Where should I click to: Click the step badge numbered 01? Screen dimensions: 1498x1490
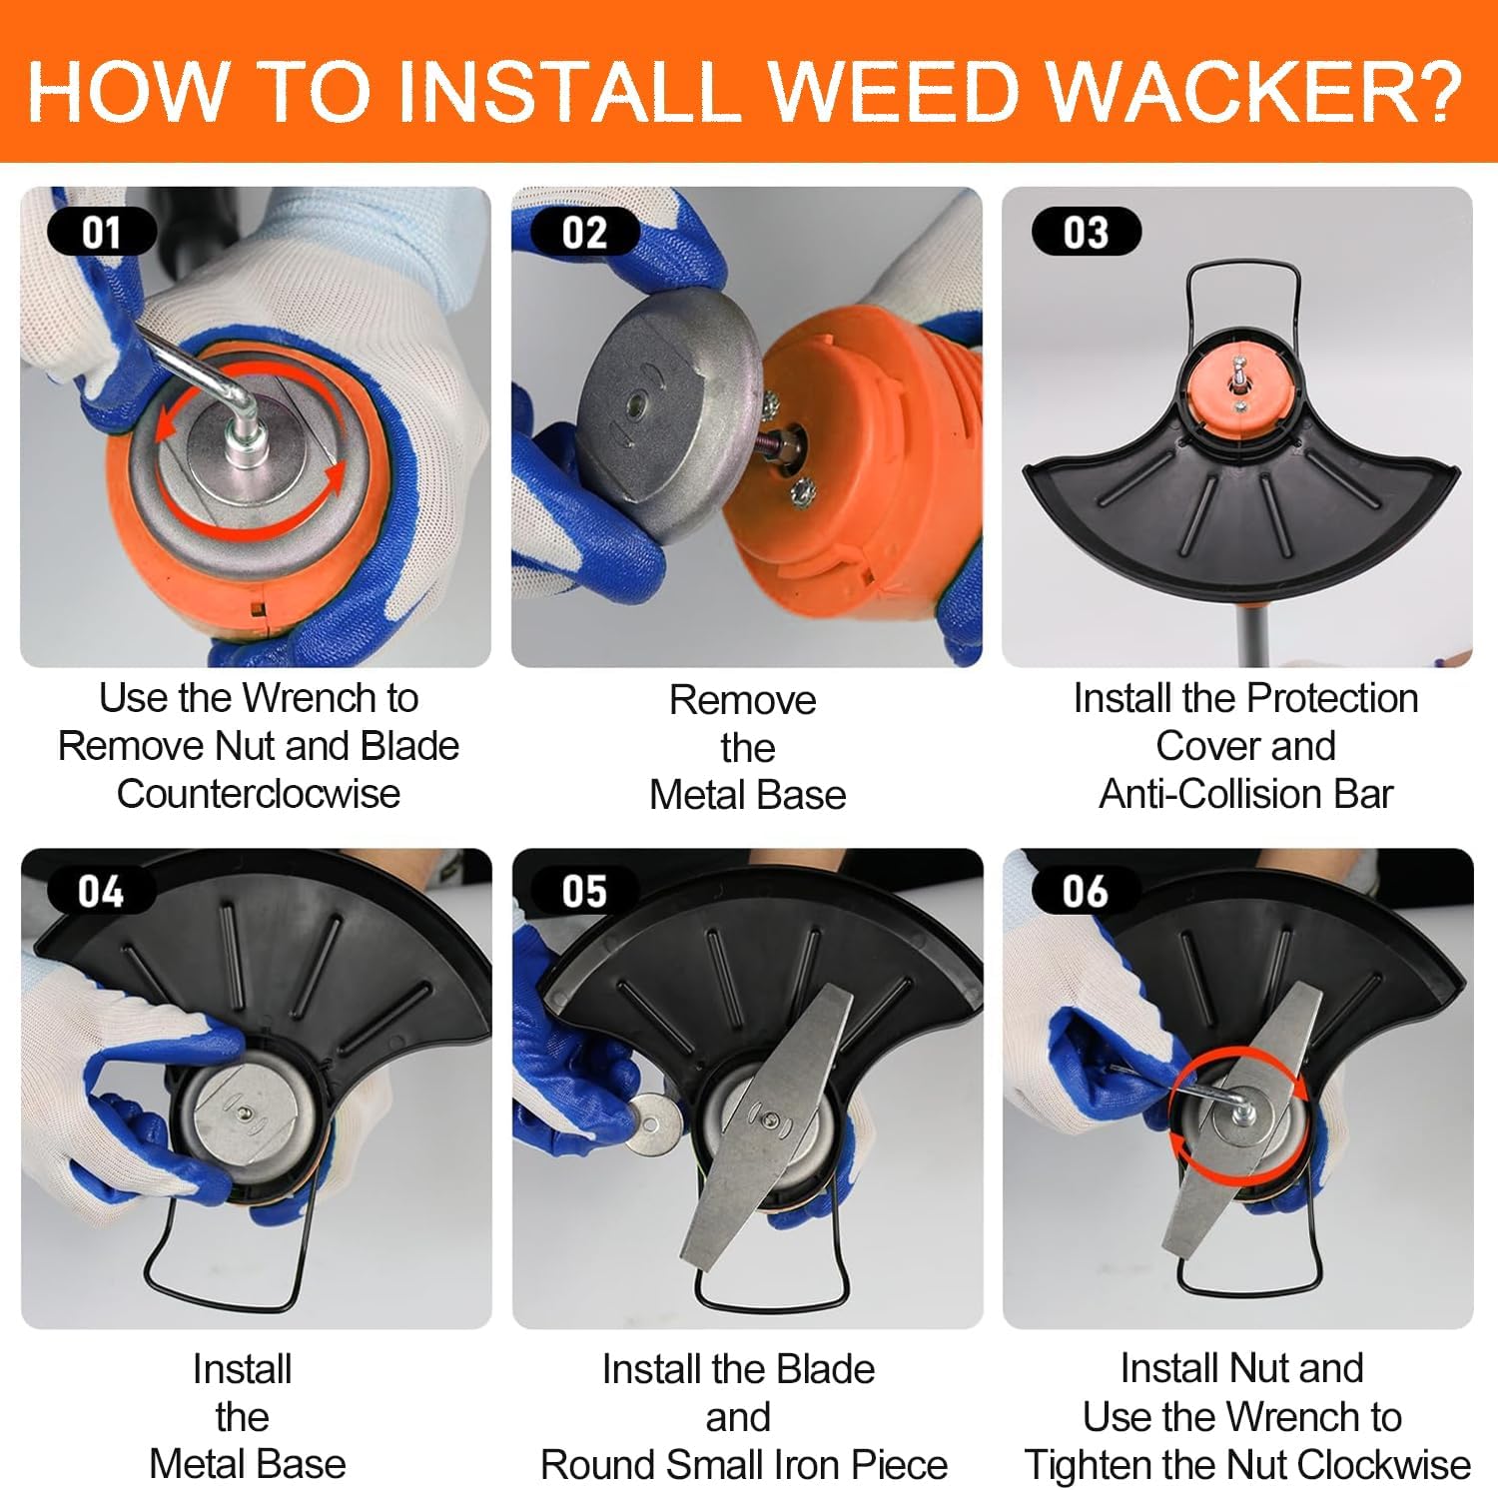point(102,232)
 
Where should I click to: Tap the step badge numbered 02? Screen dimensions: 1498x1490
point(585,232)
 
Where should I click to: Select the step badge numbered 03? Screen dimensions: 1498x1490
point(1087,232)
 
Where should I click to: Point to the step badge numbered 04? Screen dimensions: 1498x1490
point(102,891)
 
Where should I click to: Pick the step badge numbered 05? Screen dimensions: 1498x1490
point(585,891)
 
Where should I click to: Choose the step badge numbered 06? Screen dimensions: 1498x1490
point(1087,891)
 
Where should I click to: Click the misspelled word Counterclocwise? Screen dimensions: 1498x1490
point(259,794)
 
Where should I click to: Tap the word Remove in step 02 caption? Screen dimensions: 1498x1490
point(743,700)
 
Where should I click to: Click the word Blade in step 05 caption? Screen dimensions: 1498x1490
point(825,1369)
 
